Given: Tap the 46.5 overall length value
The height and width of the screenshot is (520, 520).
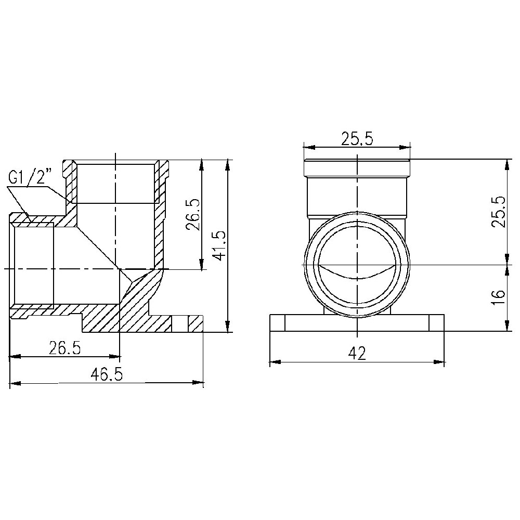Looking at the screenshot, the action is tap(107, 375).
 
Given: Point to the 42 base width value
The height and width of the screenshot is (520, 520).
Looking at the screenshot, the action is tap(357, 354).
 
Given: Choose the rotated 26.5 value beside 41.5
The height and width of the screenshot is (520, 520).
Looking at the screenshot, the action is tap(192, 215).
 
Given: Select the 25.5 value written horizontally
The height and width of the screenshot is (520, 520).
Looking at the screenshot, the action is tap(357, 138).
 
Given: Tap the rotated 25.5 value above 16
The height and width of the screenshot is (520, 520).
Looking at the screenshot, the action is tap(498, 211).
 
